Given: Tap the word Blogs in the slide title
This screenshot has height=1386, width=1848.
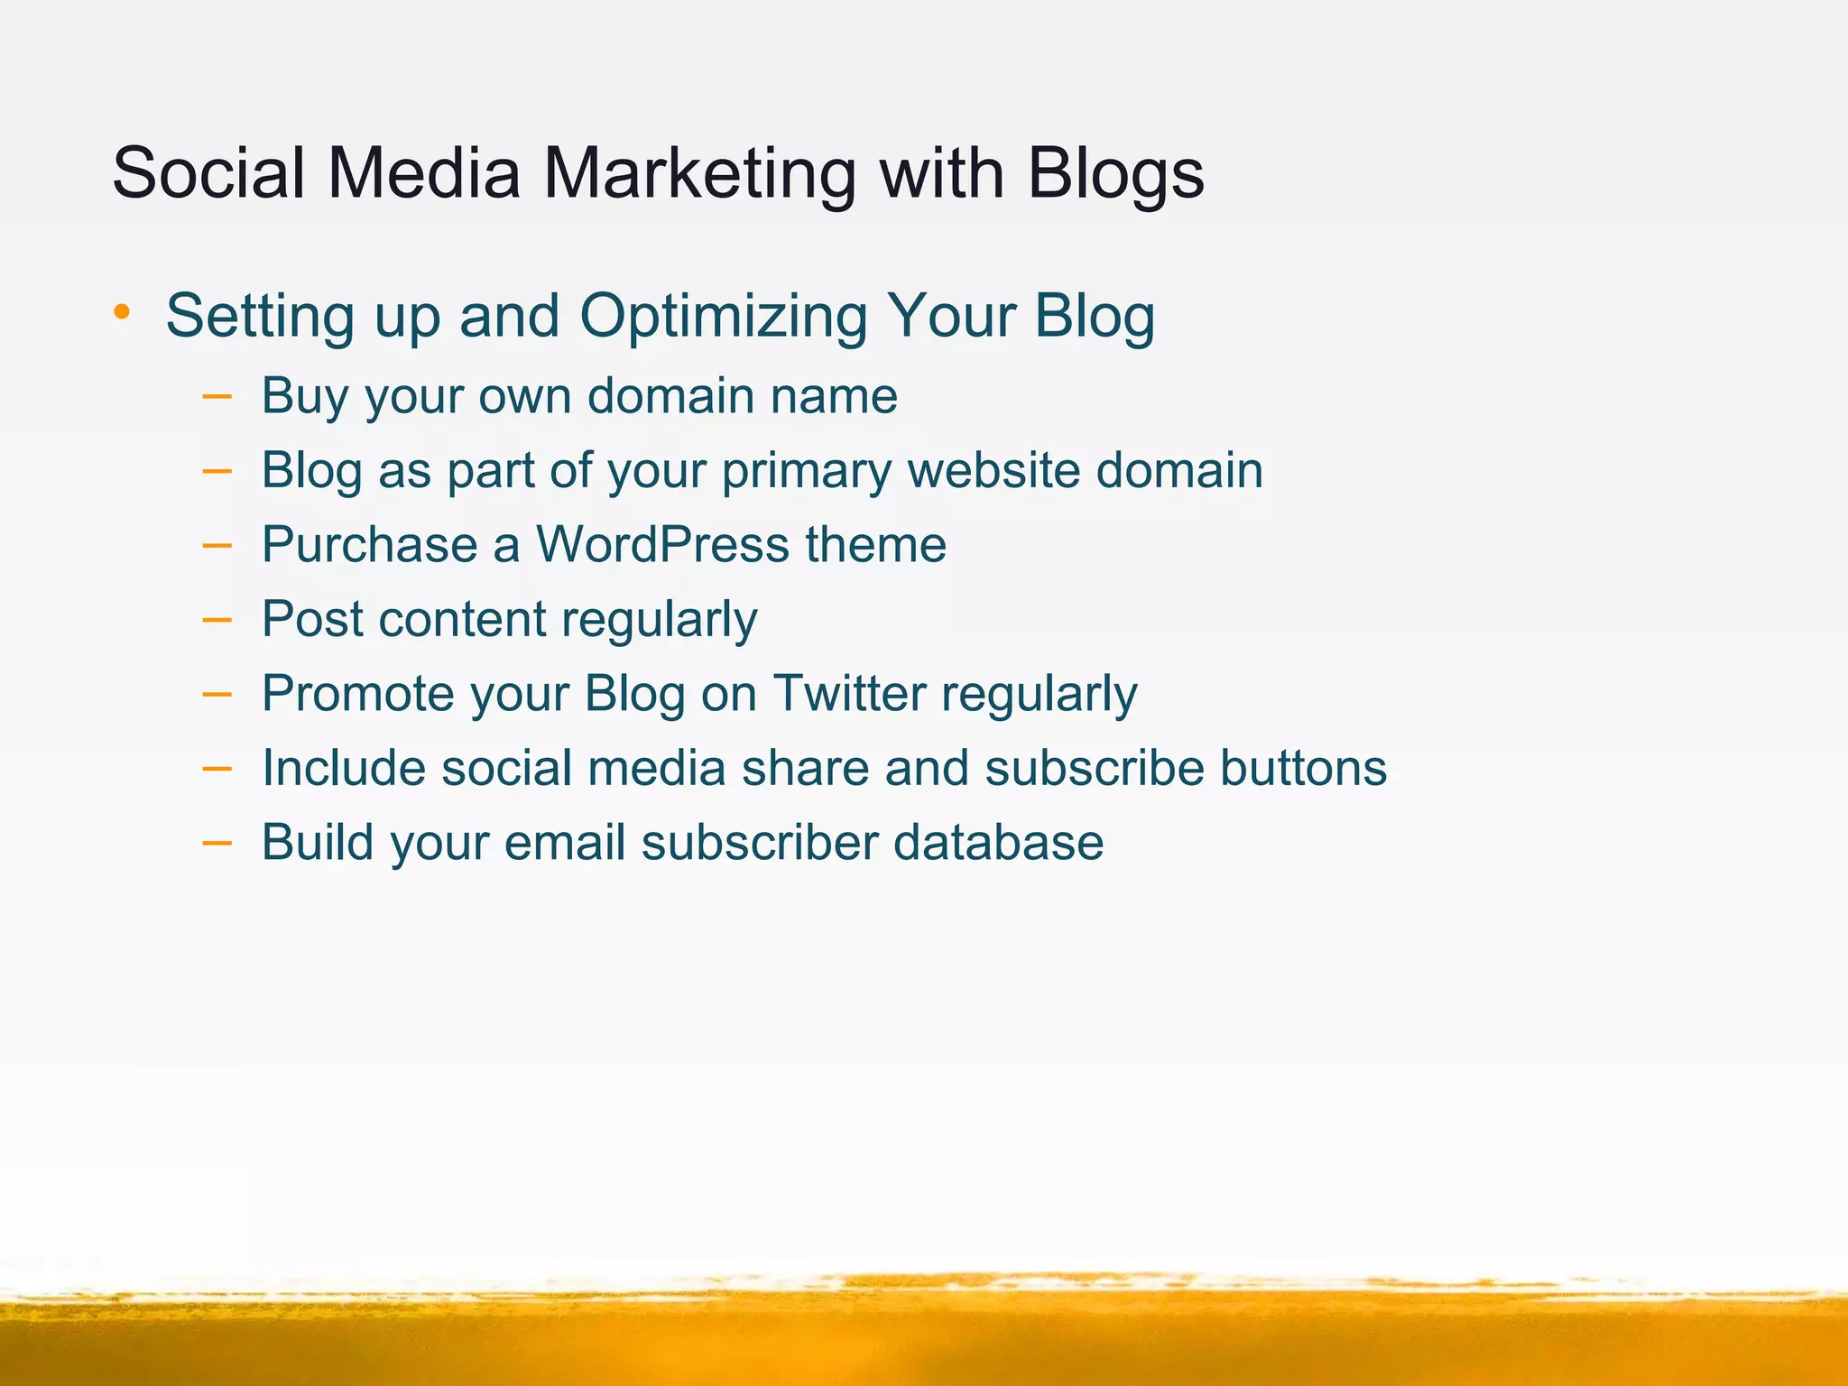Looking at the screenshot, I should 1115,173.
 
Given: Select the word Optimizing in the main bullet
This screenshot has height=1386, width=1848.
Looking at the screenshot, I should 723,317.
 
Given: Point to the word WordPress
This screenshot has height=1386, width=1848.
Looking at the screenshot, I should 662,544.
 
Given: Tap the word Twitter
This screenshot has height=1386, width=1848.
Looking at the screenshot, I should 849,693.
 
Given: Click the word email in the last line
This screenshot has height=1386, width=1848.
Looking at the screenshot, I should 564,842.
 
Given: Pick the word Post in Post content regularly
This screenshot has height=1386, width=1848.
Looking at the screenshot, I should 312,619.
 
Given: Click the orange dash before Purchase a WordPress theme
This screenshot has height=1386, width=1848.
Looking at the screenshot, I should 217,545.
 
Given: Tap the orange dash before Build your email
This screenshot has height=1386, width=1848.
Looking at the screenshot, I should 217,843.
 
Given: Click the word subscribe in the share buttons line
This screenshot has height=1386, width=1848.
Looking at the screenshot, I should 1094,768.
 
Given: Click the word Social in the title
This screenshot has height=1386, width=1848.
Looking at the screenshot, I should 208,173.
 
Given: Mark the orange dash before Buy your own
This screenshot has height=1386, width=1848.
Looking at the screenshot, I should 217,396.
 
